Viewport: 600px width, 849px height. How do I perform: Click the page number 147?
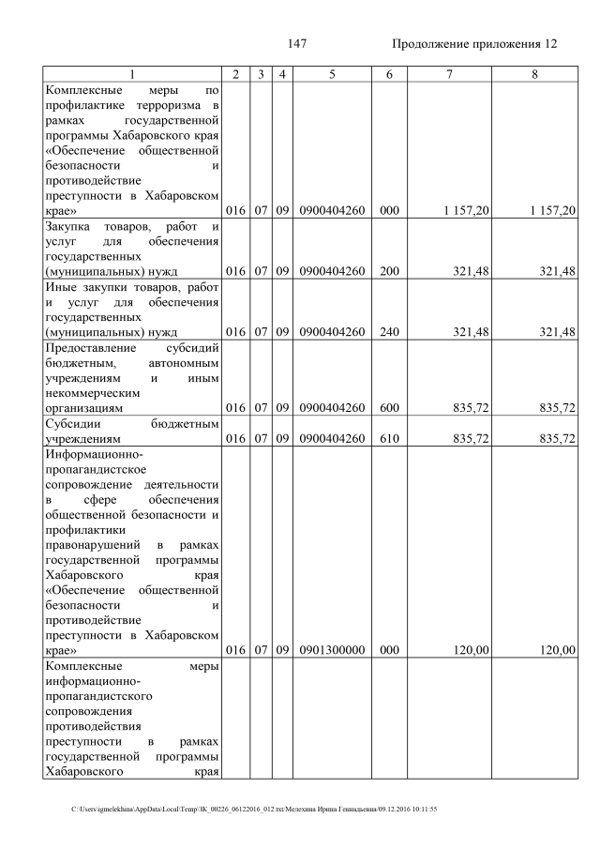(x=297, y=44)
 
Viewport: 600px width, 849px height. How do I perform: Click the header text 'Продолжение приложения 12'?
(x=473, y=44)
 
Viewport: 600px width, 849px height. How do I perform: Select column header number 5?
(x=332, y=74)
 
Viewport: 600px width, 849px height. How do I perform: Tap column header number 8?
(x=534, y=74)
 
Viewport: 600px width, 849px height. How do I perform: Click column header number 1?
(x=132, y=74)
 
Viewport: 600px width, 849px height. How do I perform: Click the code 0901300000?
(x=332, y=649)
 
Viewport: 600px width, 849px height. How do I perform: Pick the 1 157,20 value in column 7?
(x=466, y=211)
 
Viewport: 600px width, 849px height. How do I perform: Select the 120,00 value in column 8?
(x=552, y=649)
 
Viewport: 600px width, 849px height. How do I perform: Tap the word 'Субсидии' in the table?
(x=75, y=423)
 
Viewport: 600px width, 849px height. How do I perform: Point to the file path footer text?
(x=254, y=809)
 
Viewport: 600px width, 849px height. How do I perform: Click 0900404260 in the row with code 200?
(x=332, y=272)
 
